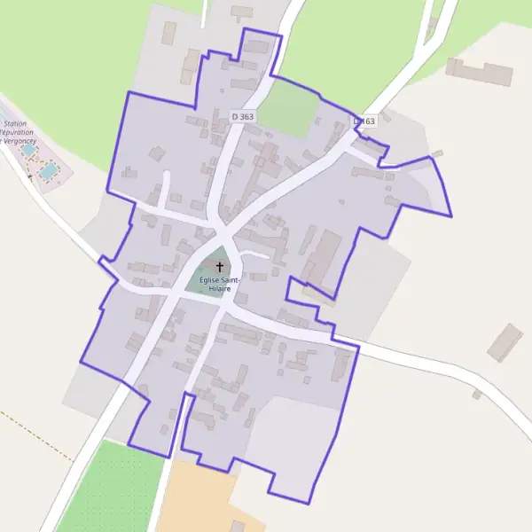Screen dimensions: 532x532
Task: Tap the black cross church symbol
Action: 220,266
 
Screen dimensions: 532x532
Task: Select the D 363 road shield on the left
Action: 242,116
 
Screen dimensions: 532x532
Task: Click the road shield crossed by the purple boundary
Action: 364,121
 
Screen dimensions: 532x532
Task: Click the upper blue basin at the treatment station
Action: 28,151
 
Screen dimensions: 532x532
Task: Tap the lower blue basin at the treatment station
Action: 49,168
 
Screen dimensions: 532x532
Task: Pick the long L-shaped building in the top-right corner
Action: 479,73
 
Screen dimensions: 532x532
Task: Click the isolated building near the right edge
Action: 505,342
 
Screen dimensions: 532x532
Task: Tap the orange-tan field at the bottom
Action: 199,497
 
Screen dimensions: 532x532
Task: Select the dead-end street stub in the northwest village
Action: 166,186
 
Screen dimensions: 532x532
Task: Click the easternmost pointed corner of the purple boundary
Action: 451,215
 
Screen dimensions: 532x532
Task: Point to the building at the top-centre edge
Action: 241,12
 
